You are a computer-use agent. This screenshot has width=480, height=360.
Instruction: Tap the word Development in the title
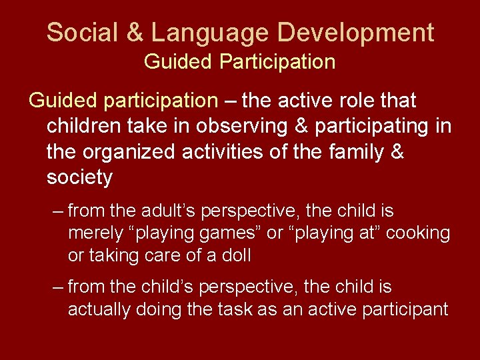point(357,31)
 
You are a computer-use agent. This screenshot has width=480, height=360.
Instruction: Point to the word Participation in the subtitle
point(277,62)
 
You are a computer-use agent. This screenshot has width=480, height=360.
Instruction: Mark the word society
point(80,178)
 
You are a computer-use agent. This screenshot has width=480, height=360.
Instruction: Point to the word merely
point(95,233)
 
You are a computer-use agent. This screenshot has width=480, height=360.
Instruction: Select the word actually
point(101,309)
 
